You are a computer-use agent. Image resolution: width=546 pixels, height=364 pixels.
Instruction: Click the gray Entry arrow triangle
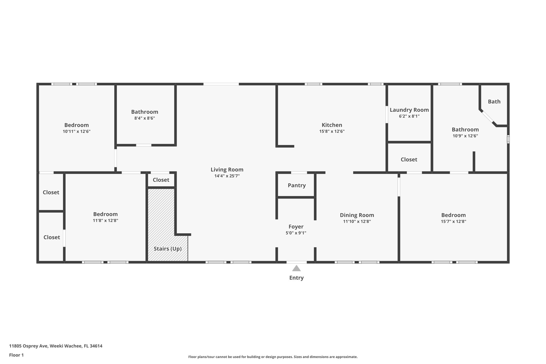pyautogui.click(x=296, y=268)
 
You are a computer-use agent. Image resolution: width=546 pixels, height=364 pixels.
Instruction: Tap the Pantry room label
pyautogui.click(x=296, y=185)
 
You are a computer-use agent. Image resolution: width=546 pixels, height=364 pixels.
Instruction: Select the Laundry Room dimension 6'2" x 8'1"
pyautogui.click(x=409, y=116)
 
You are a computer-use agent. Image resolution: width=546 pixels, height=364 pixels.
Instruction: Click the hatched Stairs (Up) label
pyautogui.click(x=167, y=249)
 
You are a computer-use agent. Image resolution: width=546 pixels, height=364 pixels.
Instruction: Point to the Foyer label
pyautogui.click(x=296, y=227)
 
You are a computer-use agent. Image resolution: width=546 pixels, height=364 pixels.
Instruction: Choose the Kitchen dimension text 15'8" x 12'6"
pyautogui.click(x=332, y=131)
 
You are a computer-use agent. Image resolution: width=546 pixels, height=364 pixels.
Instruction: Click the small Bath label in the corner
pyautogui.click(x=494, y=102)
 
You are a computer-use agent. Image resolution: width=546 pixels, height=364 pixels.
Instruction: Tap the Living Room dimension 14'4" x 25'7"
pyautogui.click(x=227, y=176)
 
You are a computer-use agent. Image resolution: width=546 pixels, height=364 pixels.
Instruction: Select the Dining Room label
pyautogui.click(x=357, y=215)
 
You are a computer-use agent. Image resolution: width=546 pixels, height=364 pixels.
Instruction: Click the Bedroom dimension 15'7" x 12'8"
pyautogui.click(x=453, y=221)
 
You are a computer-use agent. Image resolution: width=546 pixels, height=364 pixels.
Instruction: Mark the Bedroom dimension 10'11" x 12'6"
pyautogui.click(x=77, y=131)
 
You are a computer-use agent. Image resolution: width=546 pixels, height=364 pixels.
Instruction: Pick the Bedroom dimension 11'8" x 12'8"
pyautogui.click(x=105, y=221)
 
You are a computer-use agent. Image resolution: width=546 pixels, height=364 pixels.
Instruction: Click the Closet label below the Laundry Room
pyautogui.click(x=409, y=159)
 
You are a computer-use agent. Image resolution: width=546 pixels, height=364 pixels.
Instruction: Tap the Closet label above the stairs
pyautogui.click(x=161, y=180)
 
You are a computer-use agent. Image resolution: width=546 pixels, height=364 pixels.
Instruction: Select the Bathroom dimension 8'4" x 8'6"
pyautogui.click(x=144, y=118)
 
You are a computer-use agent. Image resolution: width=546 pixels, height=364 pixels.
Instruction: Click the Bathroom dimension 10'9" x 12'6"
pyautogui.click(x=465, y=136)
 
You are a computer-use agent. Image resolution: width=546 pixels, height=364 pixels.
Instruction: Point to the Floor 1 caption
pyautogui.click(x=16, y=355)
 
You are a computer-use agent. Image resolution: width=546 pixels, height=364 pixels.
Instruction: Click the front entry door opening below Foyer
pyautogui.click(x=296, y=262)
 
